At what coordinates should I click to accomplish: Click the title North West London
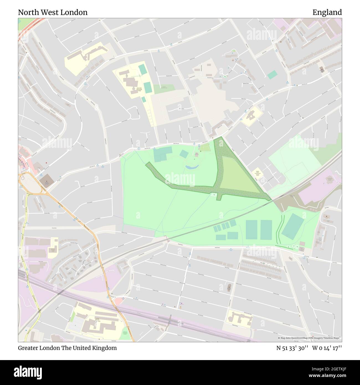pos(53,12)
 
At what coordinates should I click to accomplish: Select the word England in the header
pos(327,12)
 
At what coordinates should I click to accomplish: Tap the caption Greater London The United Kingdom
pos(67,348)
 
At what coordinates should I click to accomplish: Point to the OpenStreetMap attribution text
pos(310,338)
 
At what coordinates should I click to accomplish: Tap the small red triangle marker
pos(46,167)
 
